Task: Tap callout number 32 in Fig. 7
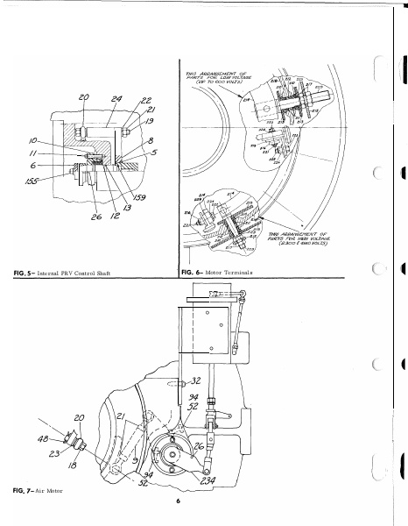[194, 382]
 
